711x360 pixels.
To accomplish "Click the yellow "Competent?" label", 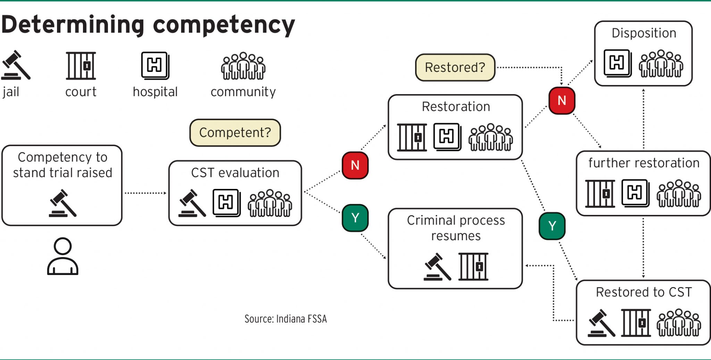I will click(x=235, y=133).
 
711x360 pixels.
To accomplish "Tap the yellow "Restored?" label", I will click(x=455, y=67).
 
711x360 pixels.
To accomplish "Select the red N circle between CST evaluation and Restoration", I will click(x=355, y=165).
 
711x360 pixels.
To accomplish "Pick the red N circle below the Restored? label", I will click(x=562, y=101).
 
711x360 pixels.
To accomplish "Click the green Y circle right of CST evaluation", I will click(x=355, y=218).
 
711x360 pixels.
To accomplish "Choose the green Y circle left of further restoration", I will click(x=552, y=226).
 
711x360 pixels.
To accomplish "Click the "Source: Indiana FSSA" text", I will click(x=285, y=319).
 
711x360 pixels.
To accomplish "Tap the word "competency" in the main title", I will click(x=224, y=25).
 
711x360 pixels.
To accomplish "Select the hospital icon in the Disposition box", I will click(x=617, y=63).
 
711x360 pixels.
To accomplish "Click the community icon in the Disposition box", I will click(x=661, y=64).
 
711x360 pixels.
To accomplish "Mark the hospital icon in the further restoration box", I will click(x=635, y=193).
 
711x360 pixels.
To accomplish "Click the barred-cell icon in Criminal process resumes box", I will click(x=473, y=267).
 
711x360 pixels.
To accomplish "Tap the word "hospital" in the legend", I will click(x=155, y=92).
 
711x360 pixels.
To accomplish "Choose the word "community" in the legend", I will click(x=243, y=92).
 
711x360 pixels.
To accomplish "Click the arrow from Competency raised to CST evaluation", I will click(x=145, y=193).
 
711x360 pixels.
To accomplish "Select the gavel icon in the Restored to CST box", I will click(x=601, y=323).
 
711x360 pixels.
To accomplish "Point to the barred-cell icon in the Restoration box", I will click(x=412, y=137).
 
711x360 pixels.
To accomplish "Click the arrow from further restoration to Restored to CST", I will click(x=643, y=248).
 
